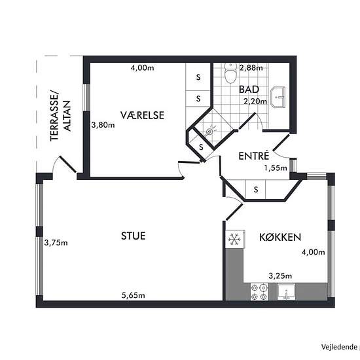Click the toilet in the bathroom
(230, 73)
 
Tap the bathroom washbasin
(278, 97)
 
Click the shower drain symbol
(209, 132)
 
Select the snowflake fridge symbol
(234, 239)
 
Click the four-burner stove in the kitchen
(259, 291)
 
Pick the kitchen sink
(286, 291)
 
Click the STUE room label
(133, 236)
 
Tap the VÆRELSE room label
(142, 115)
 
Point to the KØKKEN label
(280, 237)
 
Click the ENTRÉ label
(254, 156)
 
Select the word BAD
(249, 90)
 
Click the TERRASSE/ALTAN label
(61, 116)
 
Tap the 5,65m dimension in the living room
(133, 295)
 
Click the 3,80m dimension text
(103, 125)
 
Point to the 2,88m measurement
(251, 67)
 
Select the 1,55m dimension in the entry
(276, 168)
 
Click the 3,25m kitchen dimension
(280, 276)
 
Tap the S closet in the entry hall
(256, 189)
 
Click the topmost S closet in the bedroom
(198, 77)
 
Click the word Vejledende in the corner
(339, 347)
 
